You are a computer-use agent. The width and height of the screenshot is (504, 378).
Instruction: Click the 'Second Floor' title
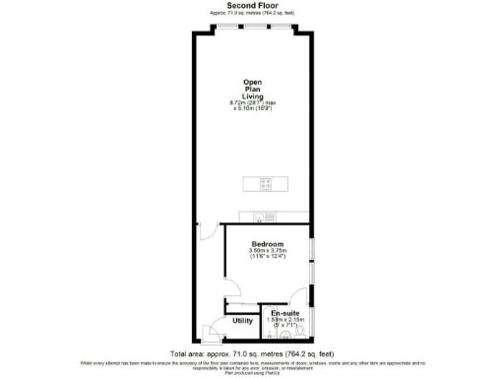point(251,5)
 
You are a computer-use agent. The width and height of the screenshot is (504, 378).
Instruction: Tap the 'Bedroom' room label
point(267,243)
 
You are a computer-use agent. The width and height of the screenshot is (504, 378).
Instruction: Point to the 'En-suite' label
point(286,313)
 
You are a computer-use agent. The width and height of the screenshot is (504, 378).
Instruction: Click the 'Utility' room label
point(243,320)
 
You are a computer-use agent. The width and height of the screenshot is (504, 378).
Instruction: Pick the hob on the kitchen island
point(265,183)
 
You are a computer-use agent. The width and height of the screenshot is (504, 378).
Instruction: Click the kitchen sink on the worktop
point(260,218)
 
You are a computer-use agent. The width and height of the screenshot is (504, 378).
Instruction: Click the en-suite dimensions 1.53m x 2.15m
point(287,323)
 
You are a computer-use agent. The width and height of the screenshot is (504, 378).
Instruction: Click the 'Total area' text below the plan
point(252,352)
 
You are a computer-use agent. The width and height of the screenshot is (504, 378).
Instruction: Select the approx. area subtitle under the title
point(251,13)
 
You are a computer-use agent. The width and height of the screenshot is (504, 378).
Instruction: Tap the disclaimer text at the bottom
point(252,366)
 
